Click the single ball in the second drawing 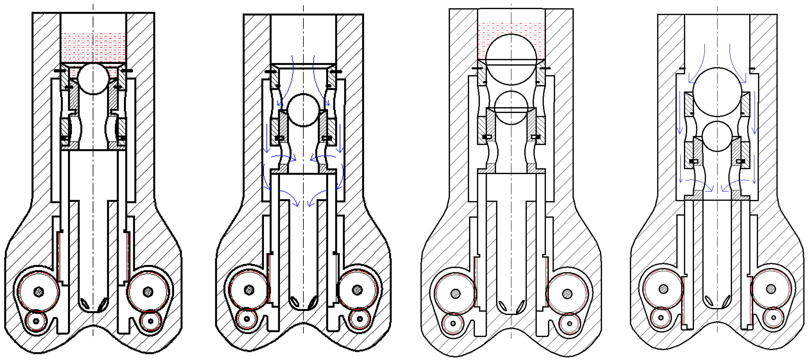point(303,110)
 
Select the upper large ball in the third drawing point(511,59)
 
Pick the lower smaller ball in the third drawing point(511,108)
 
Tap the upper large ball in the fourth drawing point(717,92)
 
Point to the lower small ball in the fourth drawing point(717,137)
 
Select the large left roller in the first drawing point(39,291)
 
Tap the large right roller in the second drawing point(357,290)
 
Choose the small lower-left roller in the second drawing point(247,319)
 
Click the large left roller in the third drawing point(456,294)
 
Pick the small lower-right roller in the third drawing point(569,323)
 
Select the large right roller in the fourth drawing point(771,289)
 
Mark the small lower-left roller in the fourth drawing point(661,318)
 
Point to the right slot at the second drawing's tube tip point(312,302)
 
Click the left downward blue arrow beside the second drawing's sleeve point(267,138)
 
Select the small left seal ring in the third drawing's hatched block point(487,137)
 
